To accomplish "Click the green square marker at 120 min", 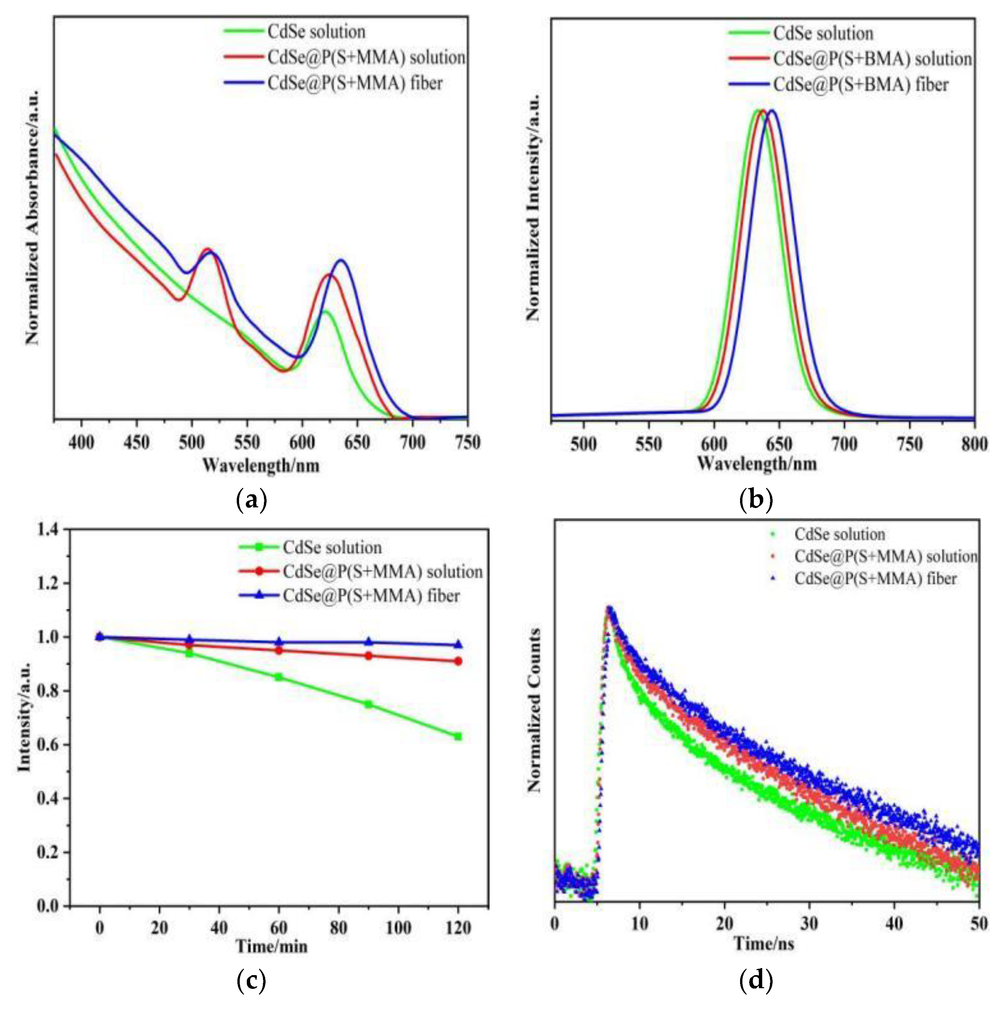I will pyautogui.click(x=458, y=737).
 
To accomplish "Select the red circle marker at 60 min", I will pyautogui.click(x=279, y=650).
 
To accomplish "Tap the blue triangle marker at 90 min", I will pyautogui.click(x=368, y=642).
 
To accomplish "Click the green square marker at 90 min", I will pyautogui.click(x=368, y=704).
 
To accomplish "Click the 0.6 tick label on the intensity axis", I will pyautogui.click(x=51, y=745).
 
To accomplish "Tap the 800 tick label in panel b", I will pyautogui.click(x=974, y=445).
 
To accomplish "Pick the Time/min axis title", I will pyautogui.click(x=272, y=946).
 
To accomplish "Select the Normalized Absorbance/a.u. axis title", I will pyautogui.click(x=32, y=218).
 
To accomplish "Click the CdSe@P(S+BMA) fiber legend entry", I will pyautogui.click(x=860, y=85).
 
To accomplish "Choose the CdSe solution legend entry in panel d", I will pyautogui.click(x=839, y=534).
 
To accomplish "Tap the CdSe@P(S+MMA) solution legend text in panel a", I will pyautogui.click(x=366, y=57).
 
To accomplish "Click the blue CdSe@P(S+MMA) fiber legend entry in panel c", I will pyautogui.click(x=371, y=596).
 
